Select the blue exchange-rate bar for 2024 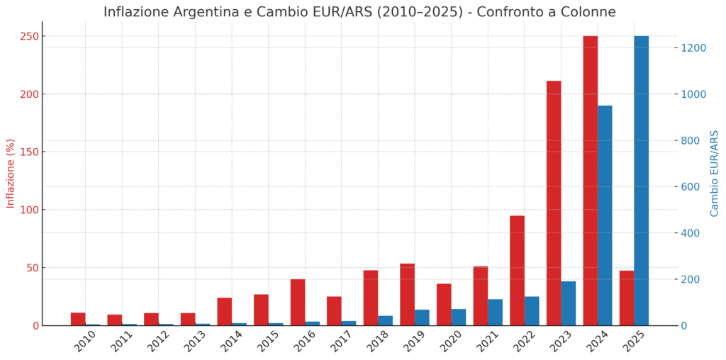tap(605, 215)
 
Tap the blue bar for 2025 tap(641, 181)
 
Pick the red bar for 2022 tap(517, 270)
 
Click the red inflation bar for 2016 tap(298, 302)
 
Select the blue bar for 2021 tap(495, 312)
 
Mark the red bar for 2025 tap(627, 298)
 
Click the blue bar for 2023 tap(569, 303)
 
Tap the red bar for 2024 tap(590, 181)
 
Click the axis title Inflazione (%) tap(11, 174)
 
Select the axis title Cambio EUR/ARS tap(715, 174)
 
